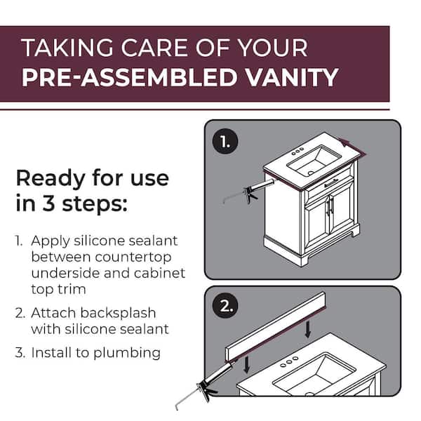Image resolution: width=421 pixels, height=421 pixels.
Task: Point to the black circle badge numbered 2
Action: coord(225,307)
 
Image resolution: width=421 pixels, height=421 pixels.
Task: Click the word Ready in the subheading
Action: coord(48,178)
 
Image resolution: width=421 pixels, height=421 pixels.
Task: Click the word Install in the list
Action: coord(51,352)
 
